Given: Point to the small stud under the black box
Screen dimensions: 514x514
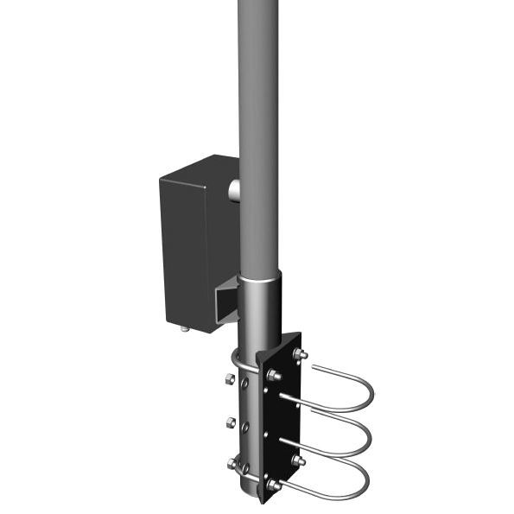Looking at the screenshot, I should (185, 328).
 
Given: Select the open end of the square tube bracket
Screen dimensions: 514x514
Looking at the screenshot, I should (224, 303).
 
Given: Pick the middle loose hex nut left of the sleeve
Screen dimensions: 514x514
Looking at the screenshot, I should (231, 422).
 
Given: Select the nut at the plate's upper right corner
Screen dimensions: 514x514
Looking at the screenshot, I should (301, 354).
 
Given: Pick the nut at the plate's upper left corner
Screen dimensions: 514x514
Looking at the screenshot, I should (274, 374).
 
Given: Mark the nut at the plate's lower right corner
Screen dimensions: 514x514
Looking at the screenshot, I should (299, 461).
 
